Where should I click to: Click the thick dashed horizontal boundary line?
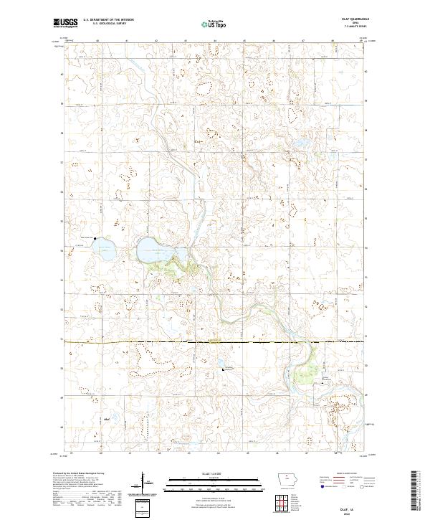point(215,342)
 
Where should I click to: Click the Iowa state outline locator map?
point(289,480)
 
